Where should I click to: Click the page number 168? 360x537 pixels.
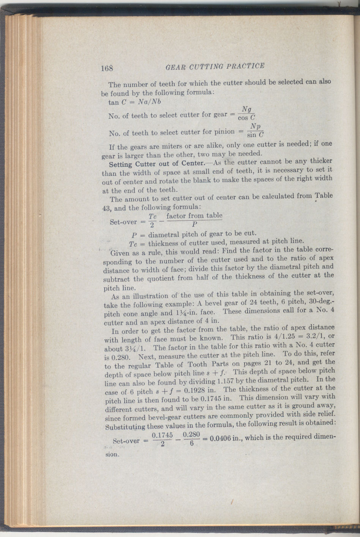point(107,68)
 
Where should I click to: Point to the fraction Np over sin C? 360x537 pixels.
point(255,130)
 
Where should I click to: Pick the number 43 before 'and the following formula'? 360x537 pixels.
point(107,208)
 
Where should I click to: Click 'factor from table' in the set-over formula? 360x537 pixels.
point(194,216)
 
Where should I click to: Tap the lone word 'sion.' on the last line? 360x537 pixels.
point(112,454)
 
